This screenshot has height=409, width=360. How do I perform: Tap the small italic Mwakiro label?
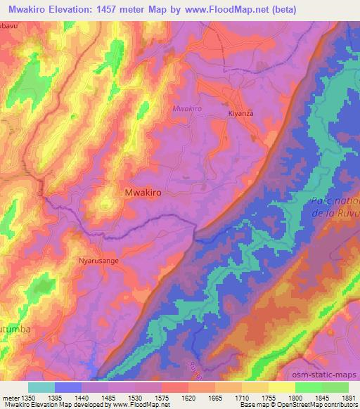pos(186,109)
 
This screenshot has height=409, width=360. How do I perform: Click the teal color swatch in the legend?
pos(41,387)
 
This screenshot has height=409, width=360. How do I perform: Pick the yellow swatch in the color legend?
pos(282,387)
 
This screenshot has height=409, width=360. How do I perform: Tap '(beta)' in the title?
pos(281,9)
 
